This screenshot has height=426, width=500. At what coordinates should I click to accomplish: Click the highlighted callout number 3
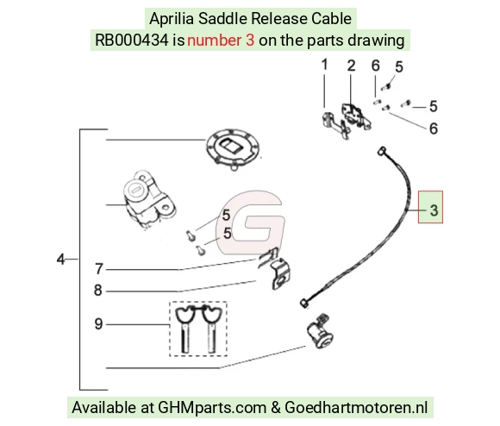[434, 210]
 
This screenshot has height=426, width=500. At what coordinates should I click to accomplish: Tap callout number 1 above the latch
[325, 65]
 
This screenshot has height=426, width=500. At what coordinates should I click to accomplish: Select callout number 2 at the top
[351, 66]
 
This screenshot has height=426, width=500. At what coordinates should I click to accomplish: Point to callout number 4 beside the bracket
[60, 260]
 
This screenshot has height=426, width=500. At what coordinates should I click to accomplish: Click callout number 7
[99, 269]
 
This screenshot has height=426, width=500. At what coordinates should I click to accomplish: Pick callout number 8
[98, 290]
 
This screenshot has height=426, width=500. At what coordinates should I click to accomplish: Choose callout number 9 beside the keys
[98, 324]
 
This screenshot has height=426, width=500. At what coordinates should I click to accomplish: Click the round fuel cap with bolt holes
[233, 149]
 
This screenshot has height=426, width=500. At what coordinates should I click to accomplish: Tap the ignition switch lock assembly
[148, 200]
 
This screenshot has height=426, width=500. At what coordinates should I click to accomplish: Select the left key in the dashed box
[185, 329]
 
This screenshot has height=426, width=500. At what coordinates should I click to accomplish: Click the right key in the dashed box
[211, 329]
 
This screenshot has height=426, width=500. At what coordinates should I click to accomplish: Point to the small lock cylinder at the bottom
[320, 332]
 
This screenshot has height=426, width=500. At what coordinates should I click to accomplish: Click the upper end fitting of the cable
[382, 151]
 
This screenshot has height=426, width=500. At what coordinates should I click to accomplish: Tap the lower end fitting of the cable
[304, 303]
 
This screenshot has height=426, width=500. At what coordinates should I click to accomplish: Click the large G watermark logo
[250, 222]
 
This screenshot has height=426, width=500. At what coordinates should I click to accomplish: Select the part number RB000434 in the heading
[132, 41]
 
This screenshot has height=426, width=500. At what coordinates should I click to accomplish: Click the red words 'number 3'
[221, 41]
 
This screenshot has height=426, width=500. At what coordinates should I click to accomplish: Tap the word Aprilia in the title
[172, 18]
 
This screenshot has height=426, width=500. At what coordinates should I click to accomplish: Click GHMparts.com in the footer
[212, 408]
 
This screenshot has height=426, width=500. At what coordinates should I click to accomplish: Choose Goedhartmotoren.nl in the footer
[356, 408]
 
